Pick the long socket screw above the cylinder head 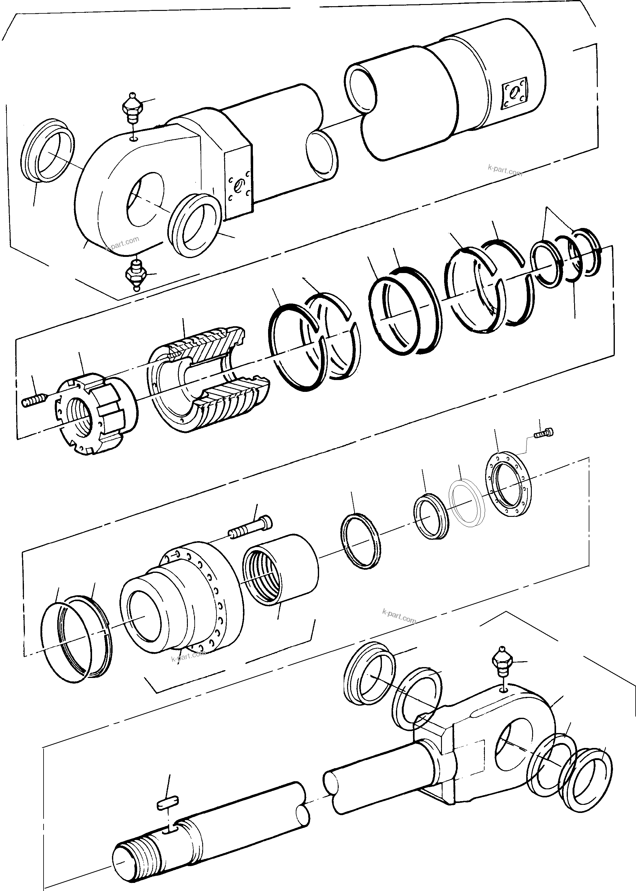pos(251,527)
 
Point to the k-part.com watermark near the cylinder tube pos(505,170)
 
